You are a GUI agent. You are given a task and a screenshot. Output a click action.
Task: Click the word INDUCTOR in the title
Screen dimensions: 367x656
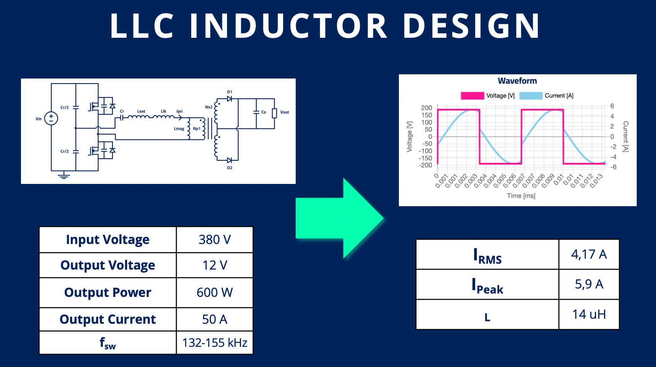pos(289,26)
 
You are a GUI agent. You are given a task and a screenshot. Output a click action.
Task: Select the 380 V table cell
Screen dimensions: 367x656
pos(214,240)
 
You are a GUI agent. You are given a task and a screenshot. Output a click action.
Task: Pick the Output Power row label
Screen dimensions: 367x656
pos(108,293)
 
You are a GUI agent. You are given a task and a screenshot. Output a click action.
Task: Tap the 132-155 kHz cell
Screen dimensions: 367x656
pos(214,343)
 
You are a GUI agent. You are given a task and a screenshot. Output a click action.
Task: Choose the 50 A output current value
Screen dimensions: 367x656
pos(214,320)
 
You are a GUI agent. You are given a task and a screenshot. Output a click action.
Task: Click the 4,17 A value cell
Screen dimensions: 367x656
pos(589,254)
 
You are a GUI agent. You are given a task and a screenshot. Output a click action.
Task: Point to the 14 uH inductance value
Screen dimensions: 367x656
pos(589,315)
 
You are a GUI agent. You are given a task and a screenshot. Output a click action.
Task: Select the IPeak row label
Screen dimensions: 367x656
pos(487,286)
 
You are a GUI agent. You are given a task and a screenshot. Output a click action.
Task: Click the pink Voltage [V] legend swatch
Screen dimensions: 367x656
pos(472,96)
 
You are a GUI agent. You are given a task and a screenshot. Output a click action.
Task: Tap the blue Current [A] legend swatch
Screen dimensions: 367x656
pos(531,96)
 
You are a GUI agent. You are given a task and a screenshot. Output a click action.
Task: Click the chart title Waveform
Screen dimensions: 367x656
pos(517,81)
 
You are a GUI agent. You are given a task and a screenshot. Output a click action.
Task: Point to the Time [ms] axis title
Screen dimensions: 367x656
pos(521,196)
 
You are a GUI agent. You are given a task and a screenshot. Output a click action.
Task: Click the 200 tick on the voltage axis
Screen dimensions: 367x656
pos(426,108)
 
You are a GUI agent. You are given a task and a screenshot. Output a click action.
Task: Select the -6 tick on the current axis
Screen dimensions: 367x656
pos(613,167)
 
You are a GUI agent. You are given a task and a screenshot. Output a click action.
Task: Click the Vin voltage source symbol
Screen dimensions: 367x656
pos(51,118)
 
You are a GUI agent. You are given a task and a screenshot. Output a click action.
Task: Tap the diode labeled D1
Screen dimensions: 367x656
pos(229,99)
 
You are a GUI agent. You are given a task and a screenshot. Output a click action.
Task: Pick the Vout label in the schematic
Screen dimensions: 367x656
pos(284,112)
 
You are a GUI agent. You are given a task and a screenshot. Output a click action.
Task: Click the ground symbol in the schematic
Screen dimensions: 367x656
pos(63,176)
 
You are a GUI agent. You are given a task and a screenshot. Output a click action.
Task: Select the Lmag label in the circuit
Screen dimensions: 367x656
pos(179,128)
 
